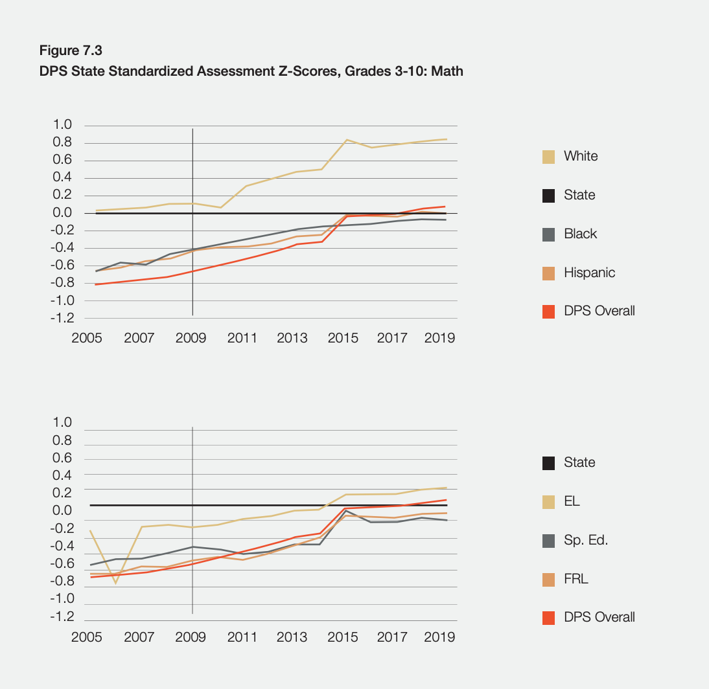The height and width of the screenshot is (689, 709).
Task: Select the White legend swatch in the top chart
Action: pos(548,157)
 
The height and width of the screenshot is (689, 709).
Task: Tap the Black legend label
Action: pos(580,234)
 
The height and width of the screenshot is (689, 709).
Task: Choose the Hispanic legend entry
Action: pos(589,273)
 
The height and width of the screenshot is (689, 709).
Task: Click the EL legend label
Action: pos(572,501)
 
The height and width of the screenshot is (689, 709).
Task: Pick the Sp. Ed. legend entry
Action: pos(585,540)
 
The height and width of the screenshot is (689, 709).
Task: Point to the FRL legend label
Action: pos(575,579)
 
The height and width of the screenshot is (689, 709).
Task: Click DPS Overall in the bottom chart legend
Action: pos(599,617)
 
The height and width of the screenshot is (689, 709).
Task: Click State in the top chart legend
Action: pos(579,195)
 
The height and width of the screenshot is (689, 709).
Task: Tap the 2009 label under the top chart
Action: pos(191,338)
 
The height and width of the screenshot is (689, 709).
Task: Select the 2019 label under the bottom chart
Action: pos(439,637)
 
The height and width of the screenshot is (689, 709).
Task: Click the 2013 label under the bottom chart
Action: pos(292,637)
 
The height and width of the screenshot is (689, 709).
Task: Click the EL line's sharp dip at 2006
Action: pos(115,583)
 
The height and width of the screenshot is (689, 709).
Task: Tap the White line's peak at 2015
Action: pos(347,140)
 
